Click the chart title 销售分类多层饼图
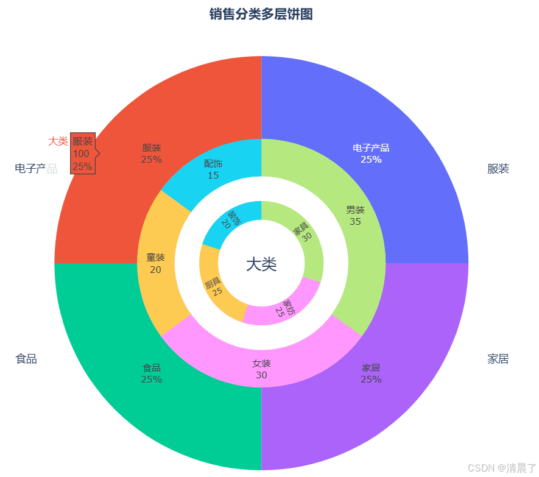pyautogui.click(x=261, y=14)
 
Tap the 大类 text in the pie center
pyautogui.click(x=261, y=264)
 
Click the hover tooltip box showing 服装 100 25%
pyautogui.click(x=83, y=154)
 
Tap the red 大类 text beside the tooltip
pyautogui.click(x=58, y=141)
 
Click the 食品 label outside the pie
pyautogui.click(x=26, y=359)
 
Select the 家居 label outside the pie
pyautogui.click(x=498, y=359)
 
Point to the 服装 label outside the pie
pyautogui.click(x=498, y=169)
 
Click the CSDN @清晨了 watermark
pyautogui.click(x=501, y=467)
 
